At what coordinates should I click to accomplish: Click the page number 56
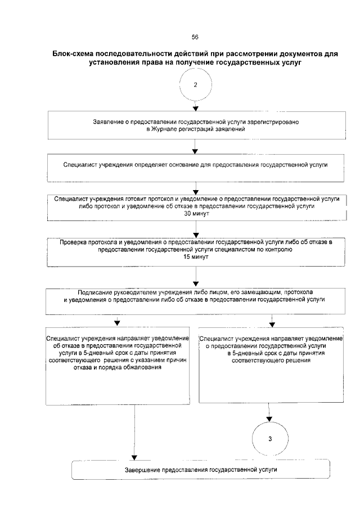point(195,37)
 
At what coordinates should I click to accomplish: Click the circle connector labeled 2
point(195,85)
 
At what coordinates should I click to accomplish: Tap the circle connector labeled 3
point(271,439)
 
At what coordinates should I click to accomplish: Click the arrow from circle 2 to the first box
point(195,105)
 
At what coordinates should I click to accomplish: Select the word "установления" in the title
point(112,63)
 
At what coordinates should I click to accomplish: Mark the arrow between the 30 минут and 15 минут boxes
point(195,230)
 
